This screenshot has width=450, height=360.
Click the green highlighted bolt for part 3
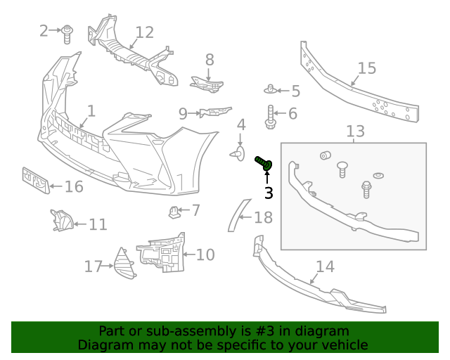pyautogui.click(x=264, y=163)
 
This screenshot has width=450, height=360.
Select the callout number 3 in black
pyautogui.click(x=268, y=192)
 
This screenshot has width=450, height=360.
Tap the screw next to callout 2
pyautogui.click(x=67, y=33)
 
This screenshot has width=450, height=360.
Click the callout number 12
pyautogui.click(x=144, y=32)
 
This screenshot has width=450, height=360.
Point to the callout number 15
pyautogui.click(x=367, y=68)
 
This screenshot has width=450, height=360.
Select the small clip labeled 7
pyautogui.click(x=174, y=210)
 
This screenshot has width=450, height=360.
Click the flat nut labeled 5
pyautogui.click(x=271, y=89)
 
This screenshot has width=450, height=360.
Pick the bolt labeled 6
pyautogui.click(x=271, y=116)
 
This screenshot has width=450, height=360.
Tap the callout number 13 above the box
pyautogui.click(x=356, y=131)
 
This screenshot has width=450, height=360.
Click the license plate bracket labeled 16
pyautogui.click(x=34, y=181)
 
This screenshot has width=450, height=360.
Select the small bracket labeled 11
pyautogui.click(x=61, y=221)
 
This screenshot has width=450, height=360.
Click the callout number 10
pyautogui.click(x=205, y=255)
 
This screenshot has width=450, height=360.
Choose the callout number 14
pyautogui.click(x=325, y=267)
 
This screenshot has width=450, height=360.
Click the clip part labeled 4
pyautogui.click(x=237, y=151)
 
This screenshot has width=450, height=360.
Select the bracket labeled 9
pyautogui.click(x=214, y=112)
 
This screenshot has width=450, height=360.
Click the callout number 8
pyautogui.click(x=210, y=60)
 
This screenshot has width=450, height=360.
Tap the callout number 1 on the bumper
pyautogui.click(x=91, y=111)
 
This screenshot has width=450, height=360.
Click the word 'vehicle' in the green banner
pyautogui.click(x=345, y=345)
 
